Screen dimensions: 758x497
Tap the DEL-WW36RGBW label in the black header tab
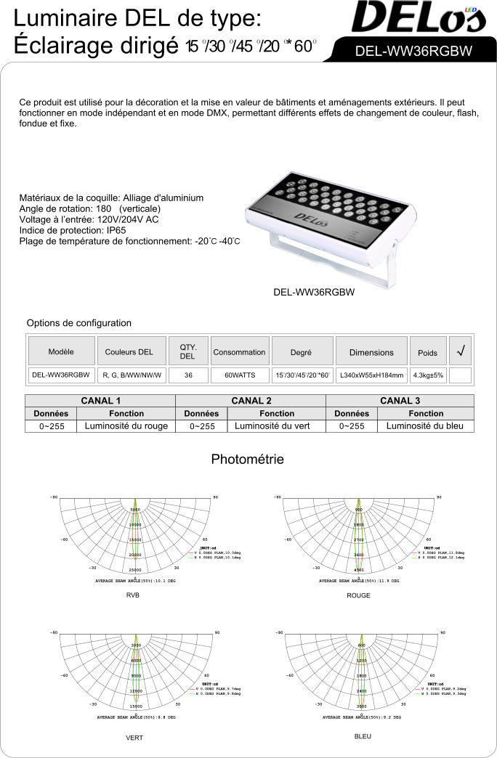pyautogui.click(x=413, y=52)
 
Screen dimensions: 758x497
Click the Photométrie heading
pyautogui.click(x=247, y=460)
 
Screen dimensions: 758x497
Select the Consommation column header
pyautogui.click(x=239, y=352)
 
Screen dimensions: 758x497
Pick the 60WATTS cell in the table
pyautogui.click(x=239, y=375)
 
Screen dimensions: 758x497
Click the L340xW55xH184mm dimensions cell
pyautogui.click(x=371, y=375)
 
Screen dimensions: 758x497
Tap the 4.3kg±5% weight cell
pyautogui.click(x=428, y=375)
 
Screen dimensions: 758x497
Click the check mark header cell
pyautogui.click(x=461, y=351)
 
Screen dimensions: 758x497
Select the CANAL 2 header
pyautogui.click(x=251, y=401)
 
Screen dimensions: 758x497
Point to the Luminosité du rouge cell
pyautogui.click(x=126, y=426)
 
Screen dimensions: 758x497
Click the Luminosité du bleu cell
pyautogui.click(x=425, y=426)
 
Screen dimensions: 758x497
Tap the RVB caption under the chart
pyautogui.click(x=132, y=595)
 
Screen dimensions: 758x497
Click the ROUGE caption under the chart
pyautogui.click(x=358, y=595)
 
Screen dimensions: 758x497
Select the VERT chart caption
pyautogui.click(x=134, y=738)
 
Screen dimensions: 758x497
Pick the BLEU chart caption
pyautogui.click(x=362, y=736)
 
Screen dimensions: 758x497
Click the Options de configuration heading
pyautogui.click(x=79, y=323)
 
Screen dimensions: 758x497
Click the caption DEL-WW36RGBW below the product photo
pyautogui.click(x=313, y=293)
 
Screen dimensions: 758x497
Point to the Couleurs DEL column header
pyautogui.click(x=129, y=352)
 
